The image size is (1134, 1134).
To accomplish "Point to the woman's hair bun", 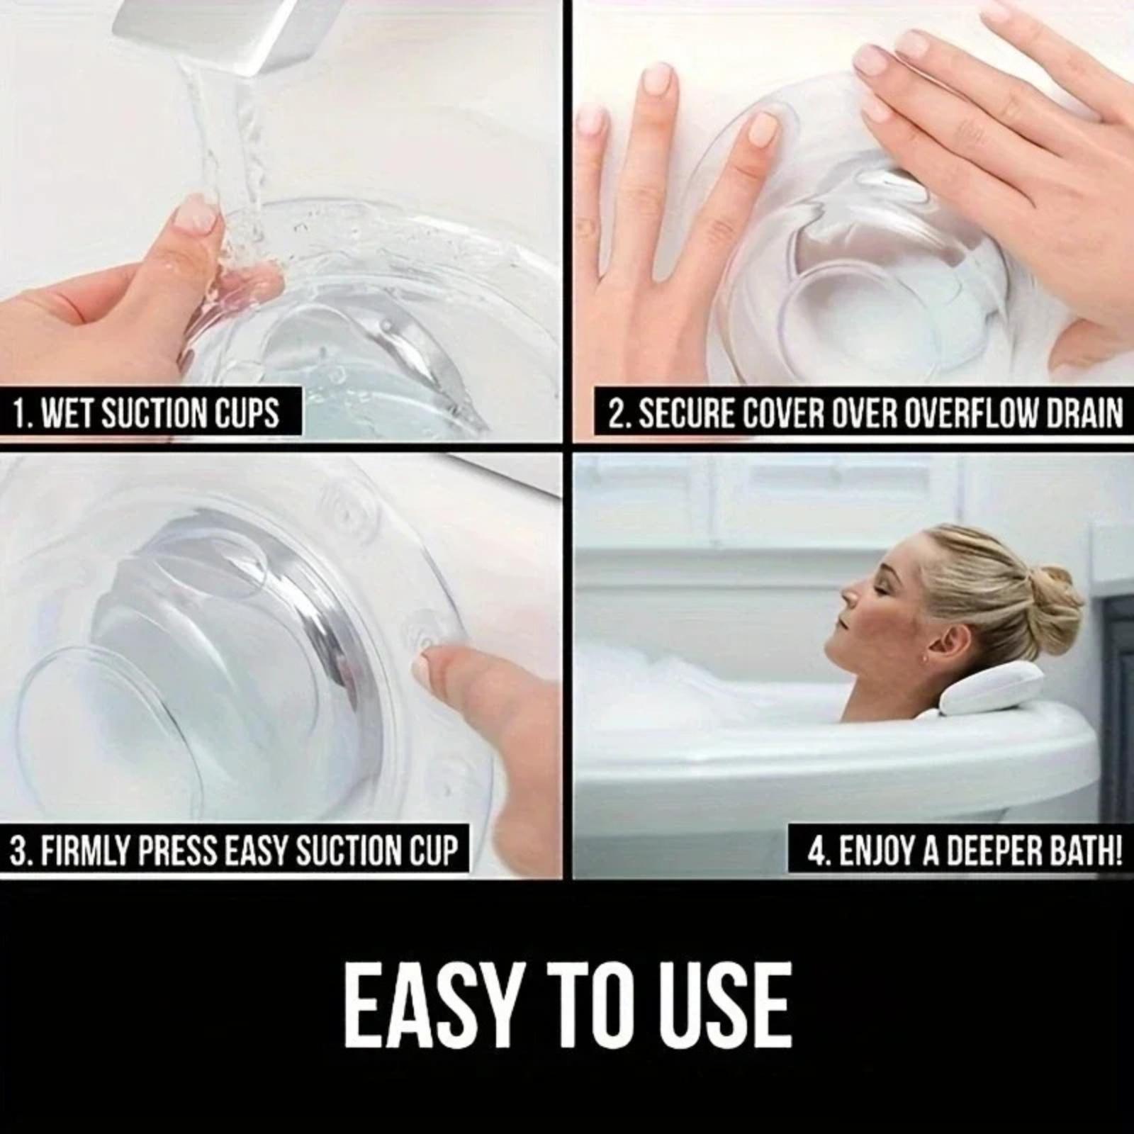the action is [1054, 602].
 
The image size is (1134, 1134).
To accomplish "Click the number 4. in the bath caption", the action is [819, 850].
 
